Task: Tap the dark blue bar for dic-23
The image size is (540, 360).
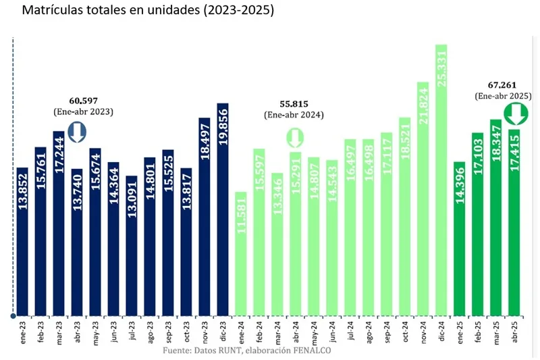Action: pyautogui.click(x=222, y=209)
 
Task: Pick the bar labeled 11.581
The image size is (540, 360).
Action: pyautogui.click(x=240, y=254)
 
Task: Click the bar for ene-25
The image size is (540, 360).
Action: pyautogui.click(x=460, y=239)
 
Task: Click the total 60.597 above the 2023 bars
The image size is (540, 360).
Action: pyautogui.click(x=83, y=100)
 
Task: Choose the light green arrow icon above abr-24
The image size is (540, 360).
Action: pyautogui.click(x=294, y=136)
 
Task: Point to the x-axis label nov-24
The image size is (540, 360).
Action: pyautogui.click(x=423, y=332)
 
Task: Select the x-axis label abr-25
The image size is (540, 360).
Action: pyautogui.click(x=514, y=331)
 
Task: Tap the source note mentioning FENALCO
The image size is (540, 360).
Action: pyautogui.click(x=248, y=351)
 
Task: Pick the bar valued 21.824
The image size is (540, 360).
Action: pyautogui.click(x=423, y=199)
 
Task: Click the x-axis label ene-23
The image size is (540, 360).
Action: pyautogui.click(x=22, y=331)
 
